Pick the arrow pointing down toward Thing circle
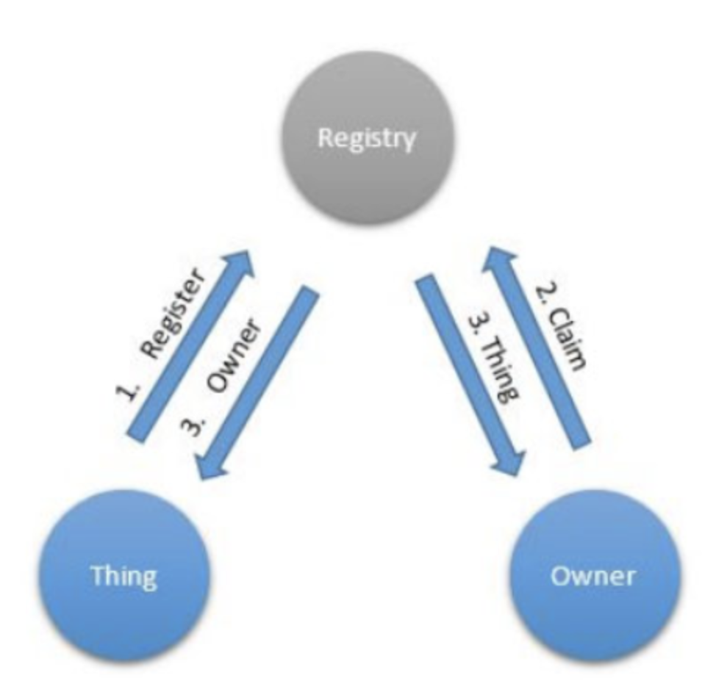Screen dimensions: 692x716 (x=257, y=382)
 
